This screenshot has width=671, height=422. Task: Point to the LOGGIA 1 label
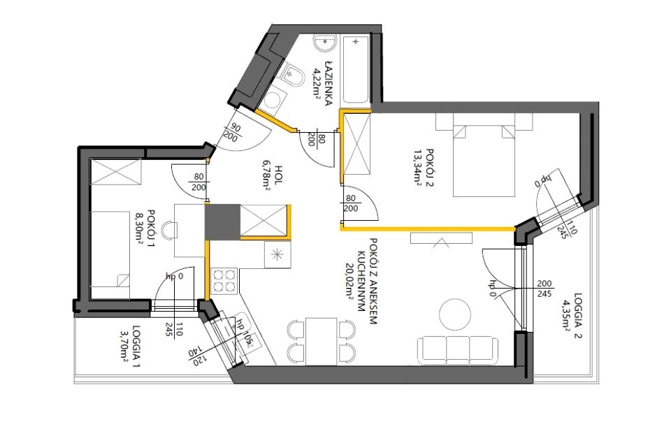136,347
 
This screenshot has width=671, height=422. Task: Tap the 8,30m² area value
140,228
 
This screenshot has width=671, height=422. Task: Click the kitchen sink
277,255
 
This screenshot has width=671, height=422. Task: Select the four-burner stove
224,281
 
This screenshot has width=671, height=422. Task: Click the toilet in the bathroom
293,75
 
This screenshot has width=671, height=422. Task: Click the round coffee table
455,314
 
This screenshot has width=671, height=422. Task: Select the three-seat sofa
457,351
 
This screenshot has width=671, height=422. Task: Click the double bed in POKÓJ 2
484,161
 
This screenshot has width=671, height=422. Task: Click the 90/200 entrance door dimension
231,132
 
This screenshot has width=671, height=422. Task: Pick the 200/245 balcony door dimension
544,289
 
